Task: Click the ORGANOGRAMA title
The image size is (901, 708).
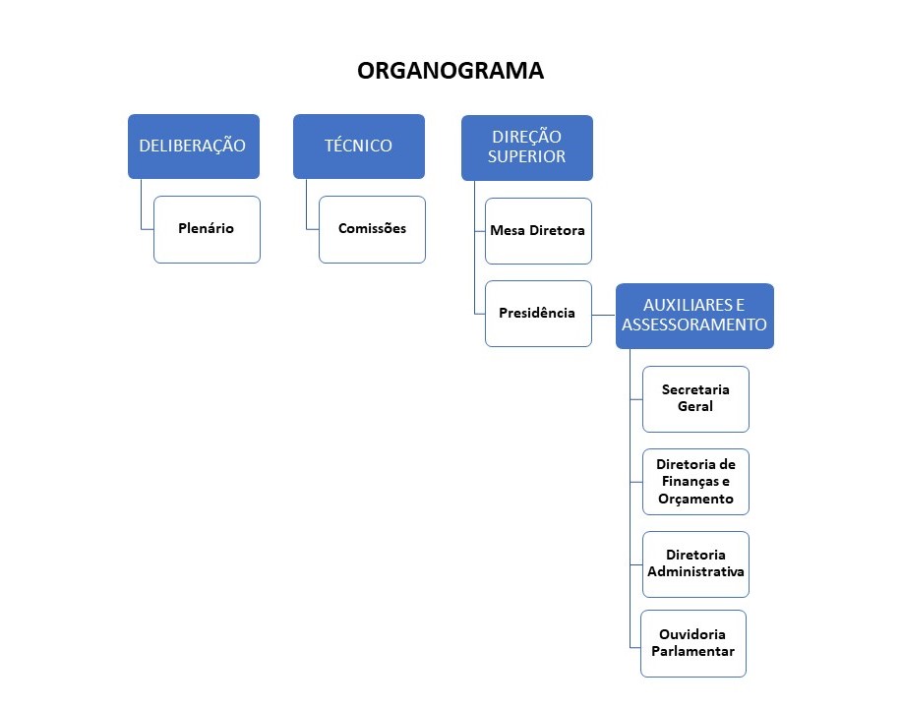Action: coord(450,71)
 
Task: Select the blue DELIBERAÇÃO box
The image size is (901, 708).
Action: coord(193,146)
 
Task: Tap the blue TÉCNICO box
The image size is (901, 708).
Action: coord(358,146)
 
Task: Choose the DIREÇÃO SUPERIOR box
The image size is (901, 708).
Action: coord(526,147)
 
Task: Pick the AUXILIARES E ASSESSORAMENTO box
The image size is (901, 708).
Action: coord(694,315)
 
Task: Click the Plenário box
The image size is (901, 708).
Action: coord(207,228)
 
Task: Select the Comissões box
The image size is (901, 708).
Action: coord(372,228)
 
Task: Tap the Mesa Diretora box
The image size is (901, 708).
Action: coord(538,230)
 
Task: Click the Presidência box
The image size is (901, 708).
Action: coord(538,313)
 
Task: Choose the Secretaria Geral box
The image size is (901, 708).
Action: coord(695,398)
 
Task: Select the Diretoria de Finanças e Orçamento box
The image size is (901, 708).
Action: coord(695,481)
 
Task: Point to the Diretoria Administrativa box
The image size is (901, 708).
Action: coord(695,563)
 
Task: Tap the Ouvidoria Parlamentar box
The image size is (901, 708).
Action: coord(692,643)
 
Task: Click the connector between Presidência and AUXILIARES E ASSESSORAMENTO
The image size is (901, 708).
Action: coord(604,315)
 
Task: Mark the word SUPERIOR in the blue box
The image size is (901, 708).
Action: coord(527,156)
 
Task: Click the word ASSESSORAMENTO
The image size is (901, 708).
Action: coord(694,324)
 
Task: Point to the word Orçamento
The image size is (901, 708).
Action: coord(695,499)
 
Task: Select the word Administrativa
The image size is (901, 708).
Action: coord(695,571)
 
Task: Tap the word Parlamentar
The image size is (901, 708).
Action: coord(692,651)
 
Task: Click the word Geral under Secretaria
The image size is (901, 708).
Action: coord(695,406)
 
